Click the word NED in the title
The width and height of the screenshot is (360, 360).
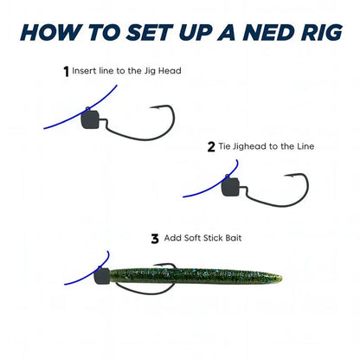point(263,33)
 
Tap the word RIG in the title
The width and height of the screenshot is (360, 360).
point(318,33)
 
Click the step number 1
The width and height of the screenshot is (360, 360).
point(67,72)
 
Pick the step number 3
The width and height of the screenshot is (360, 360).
point(155,237)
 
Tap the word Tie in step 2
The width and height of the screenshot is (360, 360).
point(226,146)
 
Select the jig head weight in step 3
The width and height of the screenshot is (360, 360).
point(103,277)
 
